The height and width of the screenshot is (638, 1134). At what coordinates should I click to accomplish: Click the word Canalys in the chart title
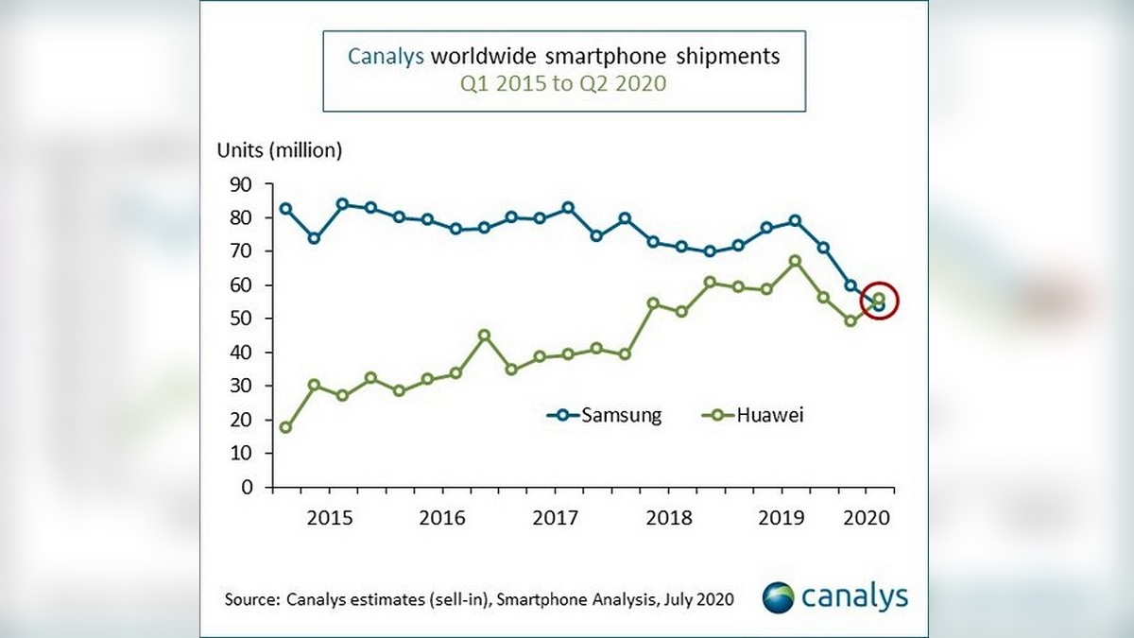tap(386, 57)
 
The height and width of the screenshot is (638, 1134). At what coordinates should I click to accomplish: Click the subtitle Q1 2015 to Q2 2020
tap(563, 84)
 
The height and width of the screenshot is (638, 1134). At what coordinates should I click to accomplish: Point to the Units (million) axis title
tap(280, 149)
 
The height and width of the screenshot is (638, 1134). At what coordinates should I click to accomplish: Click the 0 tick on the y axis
tap(247, 487)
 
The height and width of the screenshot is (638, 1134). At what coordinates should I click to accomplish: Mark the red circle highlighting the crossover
tap(879, 301)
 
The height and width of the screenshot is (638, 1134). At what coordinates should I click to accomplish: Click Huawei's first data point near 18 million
tap(285, 427)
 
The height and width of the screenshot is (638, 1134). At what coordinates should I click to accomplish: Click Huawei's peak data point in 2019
tap(796, 261)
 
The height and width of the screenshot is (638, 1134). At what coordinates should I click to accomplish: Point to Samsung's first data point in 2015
tap(285, 209)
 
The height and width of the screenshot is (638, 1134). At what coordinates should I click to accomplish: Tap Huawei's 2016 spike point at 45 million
tap(484, 336)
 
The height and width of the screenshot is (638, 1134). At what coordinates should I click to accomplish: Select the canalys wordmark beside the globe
tap(854, 597)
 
